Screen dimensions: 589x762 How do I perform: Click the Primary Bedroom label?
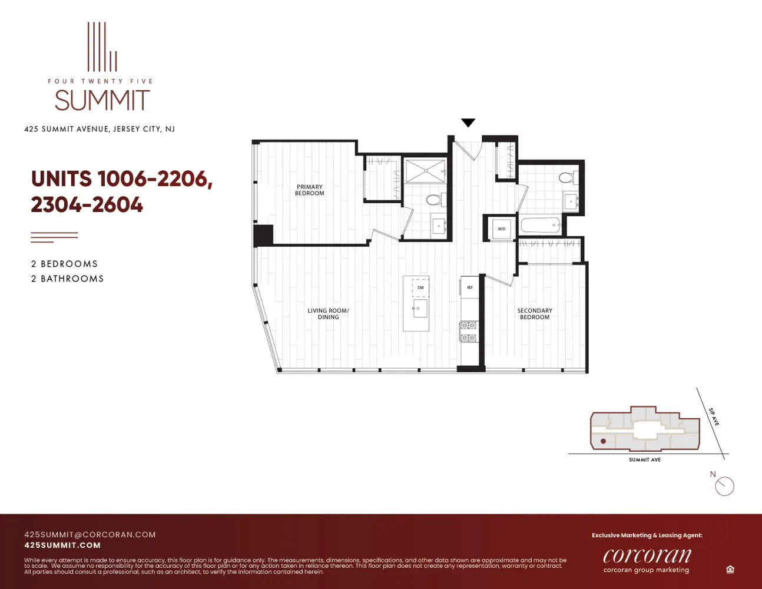pos(309,190)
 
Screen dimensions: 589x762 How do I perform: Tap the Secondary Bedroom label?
pos(535,313)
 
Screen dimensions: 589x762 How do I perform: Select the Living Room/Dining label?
pos(328,313)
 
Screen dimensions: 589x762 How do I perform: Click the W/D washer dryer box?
pos(501,229)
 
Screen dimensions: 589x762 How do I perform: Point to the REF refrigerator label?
pos(469,287)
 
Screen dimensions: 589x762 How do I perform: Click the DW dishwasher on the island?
pos(420,287)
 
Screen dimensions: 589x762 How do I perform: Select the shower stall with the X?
pos(425,171)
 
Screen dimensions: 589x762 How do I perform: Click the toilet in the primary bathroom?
pos(434,200)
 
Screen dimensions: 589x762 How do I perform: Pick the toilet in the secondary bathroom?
pos(566,177)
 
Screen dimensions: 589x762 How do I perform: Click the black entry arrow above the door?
pos(468,123)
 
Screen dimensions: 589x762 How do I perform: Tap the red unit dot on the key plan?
pos(603,441)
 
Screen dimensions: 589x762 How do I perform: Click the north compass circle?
pos(725,487)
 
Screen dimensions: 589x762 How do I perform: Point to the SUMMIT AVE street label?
pos(644,460)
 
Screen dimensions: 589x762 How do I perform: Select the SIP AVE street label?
pos(713,417)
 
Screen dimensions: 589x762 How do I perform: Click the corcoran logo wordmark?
pos(647,555)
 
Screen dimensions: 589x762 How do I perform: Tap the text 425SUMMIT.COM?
pos(62,545)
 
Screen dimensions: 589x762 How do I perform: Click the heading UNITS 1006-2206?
pos(121,178)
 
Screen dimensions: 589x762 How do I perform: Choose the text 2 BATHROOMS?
pos(67,279)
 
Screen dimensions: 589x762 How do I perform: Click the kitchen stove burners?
pos(468,332)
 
